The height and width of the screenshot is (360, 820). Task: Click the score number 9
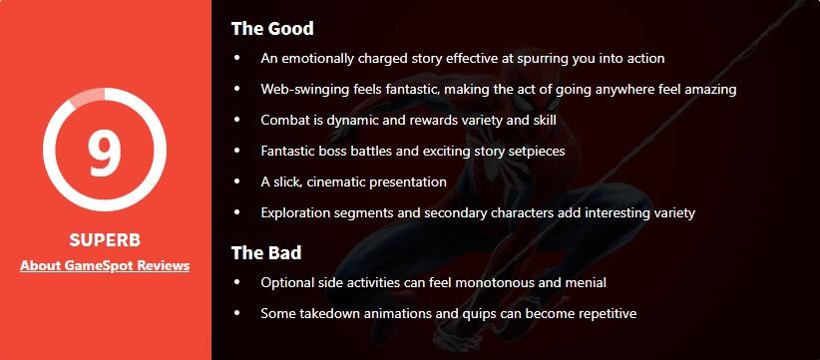tap(105, 152)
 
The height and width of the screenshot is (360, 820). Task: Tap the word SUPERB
tap(105, 240)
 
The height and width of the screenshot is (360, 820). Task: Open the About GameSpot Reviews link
tap(105, 266)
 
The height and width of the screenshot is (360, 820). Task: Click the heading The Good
tap(272, 28)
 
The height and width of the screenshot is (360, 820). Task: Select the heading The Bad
tap(266, 253)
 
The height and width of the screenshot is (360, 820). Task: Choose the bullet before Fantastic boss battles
tap(237, 151)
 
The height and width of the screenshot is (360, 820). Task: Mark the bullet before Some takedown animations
tap(237, 313)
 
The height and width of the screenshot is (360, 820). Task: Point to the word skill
tap(543, 121)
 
